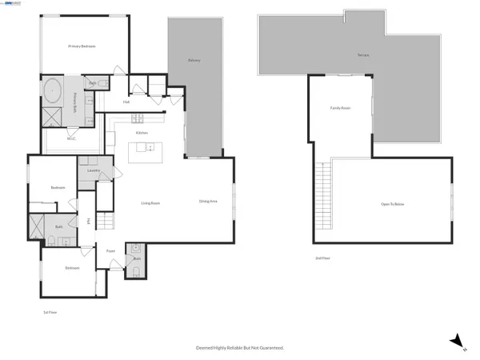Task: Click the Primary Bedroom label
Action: point(82,46)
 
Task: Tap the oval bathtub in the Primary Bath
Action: point(53,90)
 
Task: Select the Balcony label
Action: point(194,61)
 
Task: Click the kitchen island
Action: point(145,147)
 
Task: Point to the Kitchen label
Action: point(142,132)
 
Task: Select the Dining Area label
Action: point(209,202)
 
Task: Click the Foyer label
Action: point(111,251)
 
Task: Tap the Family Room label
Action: point(342,107)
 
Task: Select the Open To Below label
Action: point(393,205)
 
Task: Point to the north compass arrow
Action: point(455,339)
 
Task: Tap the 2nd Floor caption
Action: point(323,258)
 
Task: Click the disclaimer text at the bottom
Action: point(240,348)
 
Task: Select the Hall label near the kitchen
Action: point(126,102)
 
